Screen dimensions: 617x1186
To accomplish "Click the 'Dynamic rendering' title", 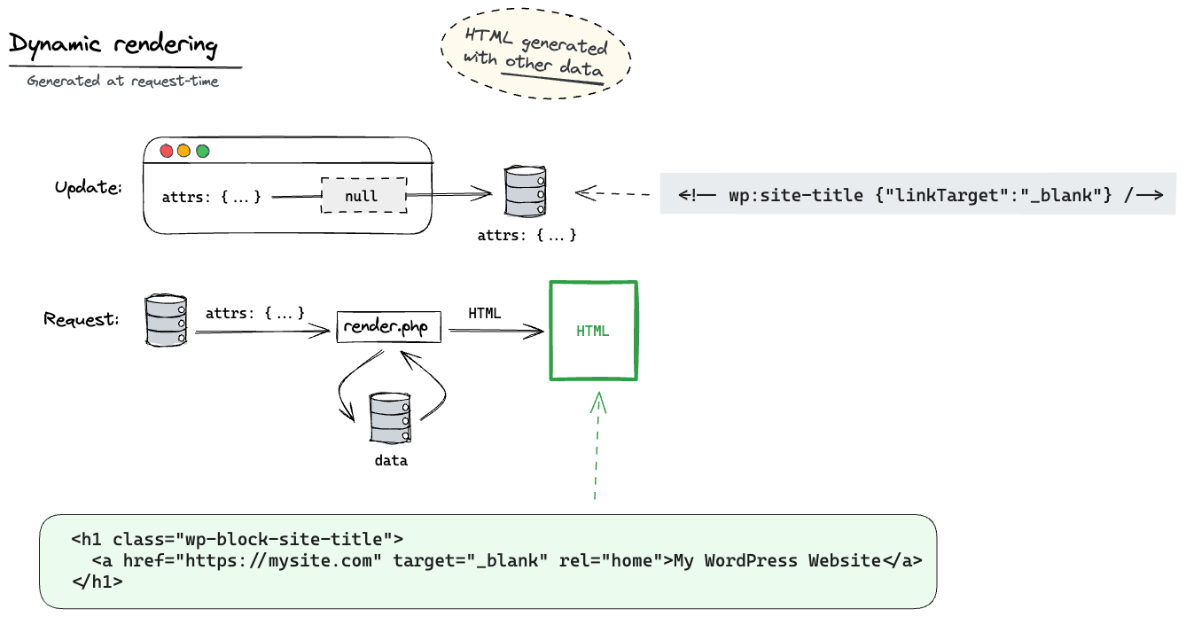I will [113, 45].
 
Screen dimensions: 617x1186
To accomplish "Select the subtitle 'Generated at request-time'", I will [122, 81].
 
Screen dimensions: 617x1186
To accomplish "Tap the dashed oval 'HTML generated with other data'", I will [535, 55].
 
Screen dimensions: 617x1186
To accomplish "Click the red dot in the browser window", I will [166, 151].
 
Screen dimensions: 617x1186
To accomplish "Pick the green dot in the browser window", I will [203, 151].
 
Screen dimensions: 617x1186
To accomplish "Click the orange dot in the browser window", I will [184, 151].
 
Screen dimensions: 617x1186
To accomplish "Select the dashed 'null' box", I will [363, 195].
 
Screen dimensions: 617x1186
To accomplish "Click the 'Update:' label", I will [88, 189].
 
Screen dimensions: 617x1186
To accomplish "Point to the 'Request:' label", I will [82, 318].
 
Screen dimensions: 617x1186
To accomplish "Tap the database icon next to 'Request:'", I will [166, 320].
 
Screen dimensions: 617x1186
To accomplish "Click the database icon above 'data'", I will [390, 421].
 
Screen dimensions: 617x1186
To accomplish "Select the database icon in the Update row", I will [525, 191].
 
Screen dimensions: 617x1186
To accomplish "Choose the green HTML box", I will [593, 331].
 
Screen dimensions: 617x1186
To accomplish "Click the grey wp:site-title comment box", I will [917, 195].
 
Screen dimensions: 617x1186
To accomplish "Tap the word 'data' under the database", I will [390, 461].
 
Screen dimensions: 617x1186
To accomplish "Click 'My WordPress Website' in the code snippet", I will [777, 560].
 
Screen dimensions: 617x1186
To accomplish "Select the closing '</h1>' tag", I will [97, 582].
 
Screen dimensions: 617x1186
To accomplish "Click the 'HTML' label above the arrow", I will [485, 313].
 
